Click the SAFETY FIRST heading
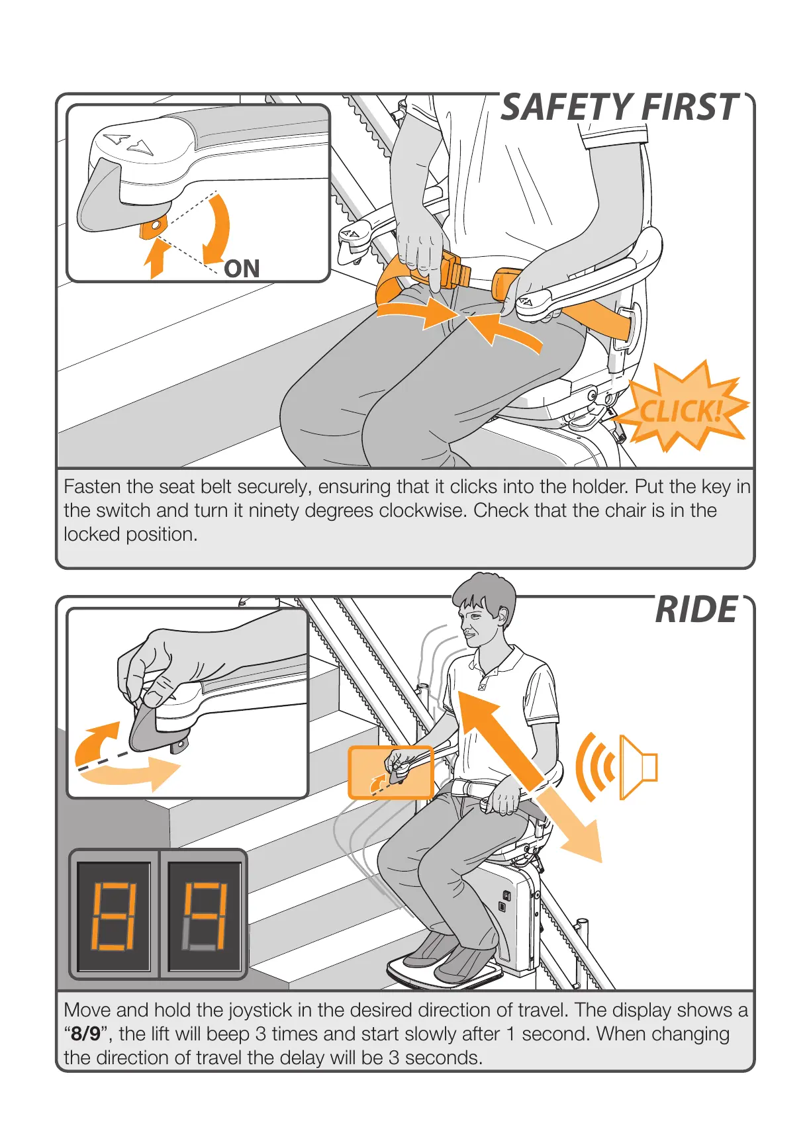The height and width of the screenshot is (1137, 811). pyautogui.click(x=619, y=108)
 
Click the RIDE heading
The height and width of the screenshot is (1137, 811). pyautogui.click(x=696, y=610)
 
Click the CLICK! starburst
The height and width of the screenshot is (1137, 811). pyautogui.click(x=681, y=411)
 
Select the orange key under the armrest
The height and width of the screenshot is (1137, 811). pyautogui.click(x=152, y=228)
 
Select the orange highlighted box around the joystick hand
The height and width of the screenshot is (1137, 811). pyautogui.click(x=390, y=772)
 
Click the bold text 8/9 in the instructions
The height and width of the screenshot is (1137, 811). pyautogui.click(x=86, y=1034)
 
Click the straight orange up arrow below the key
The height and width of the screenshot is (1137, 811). pyautogui.click(x=157, y=259)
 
